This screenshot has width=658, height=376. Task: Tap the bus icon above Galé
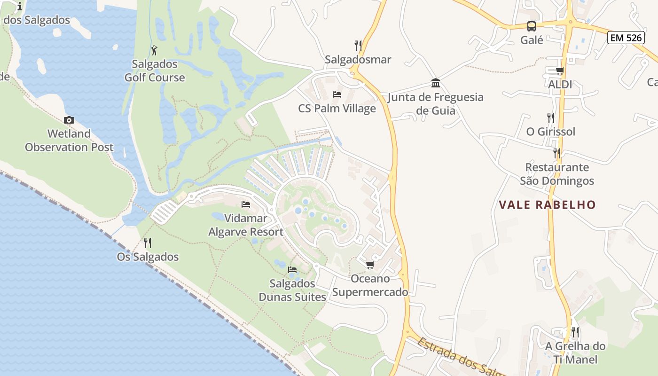[x=532, y=26]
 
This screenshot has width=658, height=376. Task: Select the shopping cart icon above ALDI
[x=560, y=70]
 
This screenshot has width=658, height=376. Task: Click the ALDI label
[x=560, y=85]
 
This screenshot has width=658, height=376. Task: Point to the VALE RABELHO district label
[x=547, y=205]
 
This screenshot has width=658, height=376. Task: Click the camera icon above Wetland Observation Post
[x=69, y=120]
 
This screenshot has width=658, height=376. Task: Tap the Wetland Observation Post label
[x=69, y=141]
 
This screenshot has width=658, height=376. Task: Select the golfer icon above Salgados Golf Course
[x=154, y=50]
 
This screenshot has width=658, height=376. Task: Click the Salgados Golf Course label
[x=155, y=71]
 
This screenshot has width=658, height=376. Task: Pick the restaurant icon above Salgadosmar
[x=358, y=46]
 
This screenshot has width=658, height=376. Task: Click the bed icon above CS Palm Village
[x=337, y=94]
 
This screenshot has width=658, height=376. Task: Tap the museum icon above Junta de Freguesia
[x=436, y=84]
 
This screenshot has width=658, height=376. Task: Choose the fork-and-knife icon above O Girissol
[x=550, y=117]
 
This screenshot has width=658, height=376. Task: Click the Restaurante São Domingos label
[x=557, y=174]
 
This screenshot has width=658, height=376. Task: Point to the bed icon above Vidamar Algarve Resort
[x=245, y=204]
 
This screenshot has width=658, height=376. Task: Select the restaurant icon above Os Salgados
[x=148, y=243]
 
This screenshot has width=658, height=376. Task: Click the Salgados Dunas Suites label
[x=292, y=290]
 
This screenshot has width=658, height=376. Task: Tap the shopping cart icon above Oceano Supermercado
[x=370, y=265]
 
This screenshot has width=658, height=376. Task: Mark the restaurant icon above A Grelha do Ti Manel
[x=575, y=332]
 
